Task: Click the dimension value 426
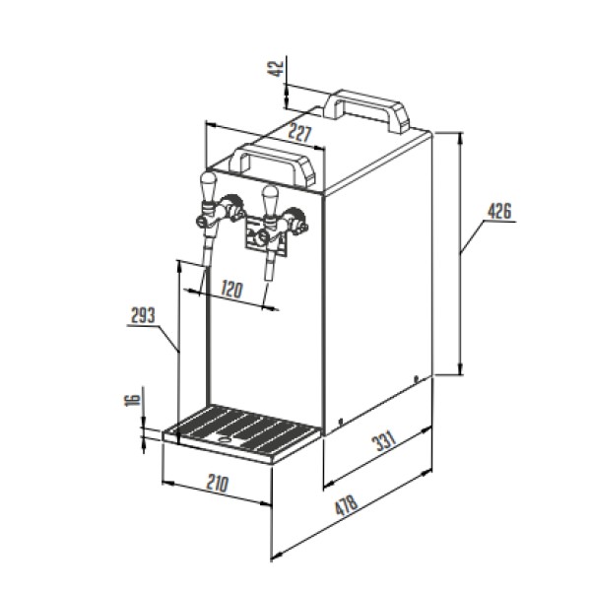pos(499,211)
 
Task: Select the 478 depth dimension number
pos(346,505)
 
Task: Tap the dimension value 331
pos(384,440)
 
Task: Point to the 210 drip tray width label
pos(218,484)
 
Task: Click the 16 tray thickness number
pos(132,400)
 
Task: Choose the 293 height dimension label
pos(143,315)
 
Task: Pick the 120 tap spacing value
pos(231,289)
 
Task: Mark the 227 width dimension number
pos(300,133)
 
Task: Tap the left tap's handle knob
pos(209,187)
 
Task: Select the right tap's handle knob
pos(270,201)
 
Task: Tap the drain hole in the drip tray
pos(225,439)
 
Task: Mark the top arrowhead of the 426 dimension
pos(460,139)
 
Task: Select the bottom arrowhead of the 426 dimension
pos(460,368)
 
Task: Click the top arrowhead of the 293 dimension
pos(179,267)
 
